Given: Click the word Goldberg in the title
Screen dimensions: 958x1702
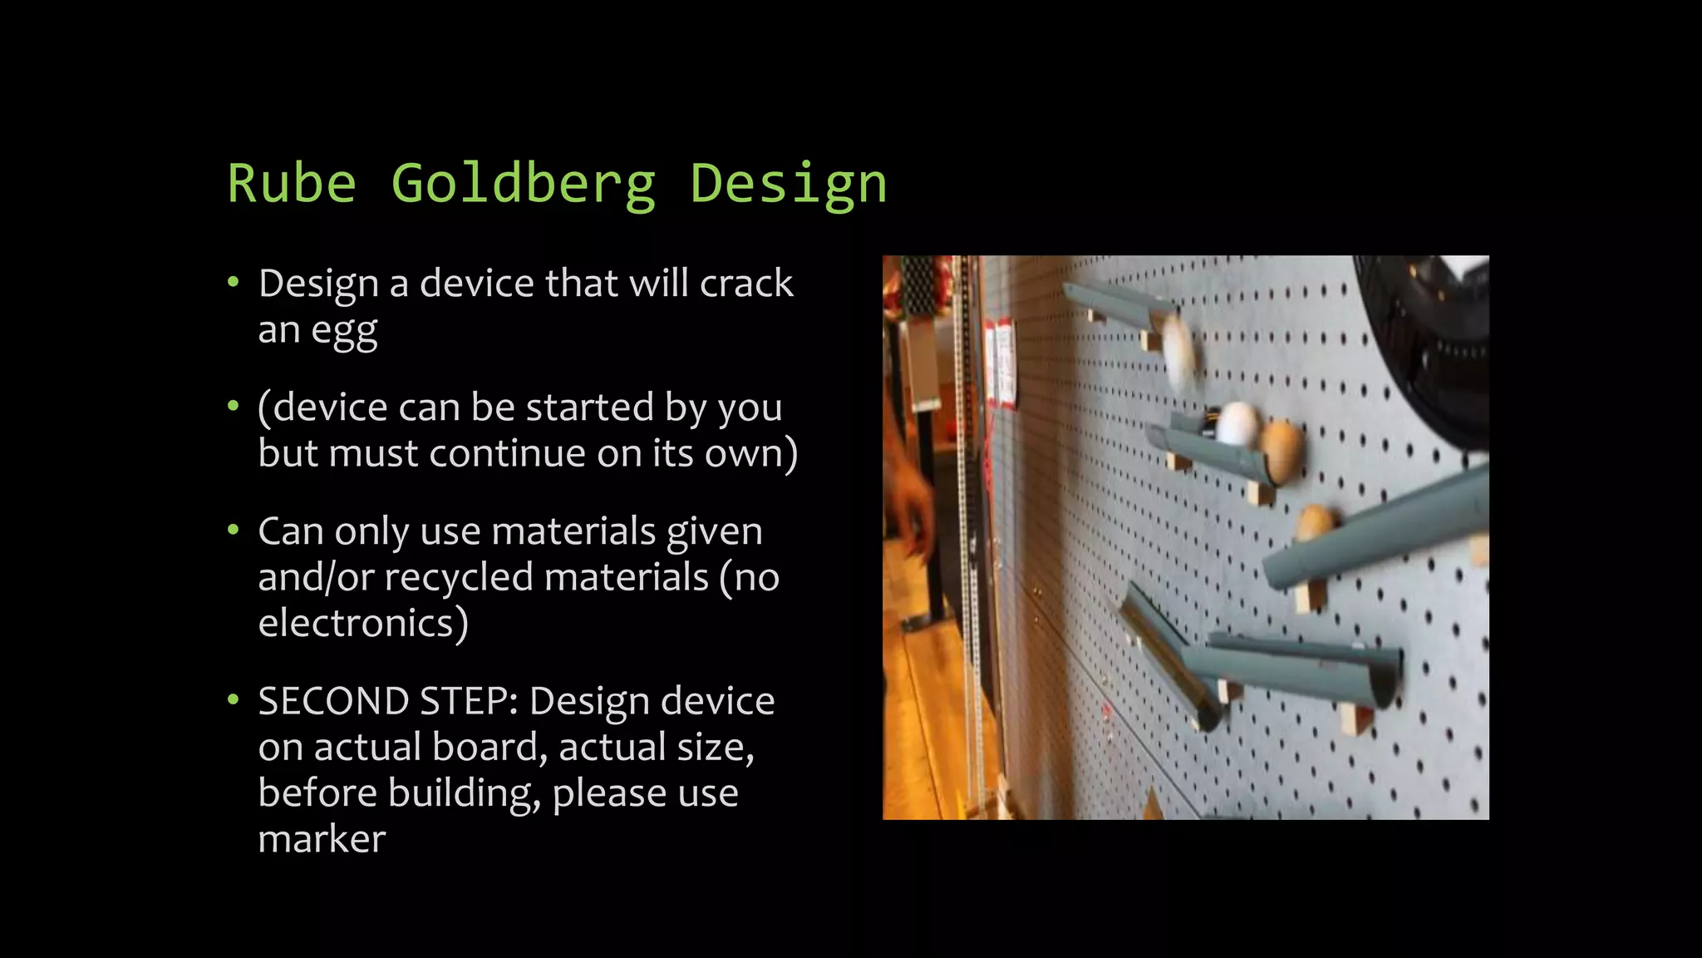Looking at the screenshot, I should click(524, 184).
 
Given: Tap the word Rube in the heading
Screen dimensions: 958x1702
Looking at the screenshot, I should click(292, 184).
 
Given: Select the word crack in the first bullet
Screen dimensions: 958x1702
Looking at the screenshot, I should click(746, 284).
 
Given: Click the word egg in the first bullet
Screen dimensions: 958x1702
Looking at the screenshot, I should click(344, 331).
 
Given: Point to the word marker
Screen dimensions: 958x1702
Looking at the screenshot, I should click(322, 838).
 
